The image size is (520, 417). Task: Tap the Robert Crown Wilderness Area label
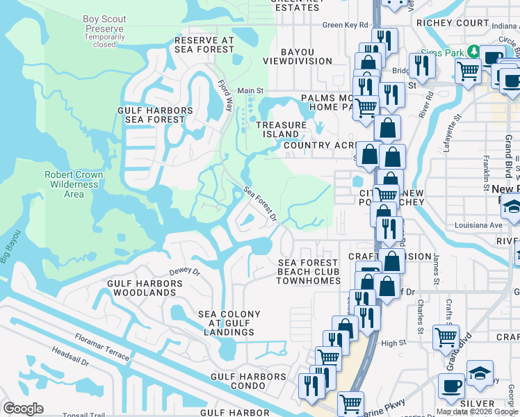[x=74, y=184]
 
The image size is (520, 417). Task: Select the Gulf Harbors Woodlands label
[x=145, y=288]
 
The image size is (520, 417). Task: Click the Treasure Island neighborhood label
[x=281, y=129]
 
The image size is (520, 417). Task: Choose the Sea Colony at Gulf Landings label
[x=229, y=323]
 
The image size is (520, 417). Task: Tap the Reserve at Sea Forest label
[x=205, y=44]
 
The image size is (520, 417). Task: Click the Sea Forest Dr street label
[x=260, y=204]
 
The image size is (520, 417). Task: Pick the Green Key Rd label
[x=345, y=26]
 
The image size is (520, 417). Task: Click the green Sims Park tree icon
[x=473, y=51]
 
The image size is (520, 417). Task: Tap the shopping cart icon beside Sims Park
[x=468, y=70]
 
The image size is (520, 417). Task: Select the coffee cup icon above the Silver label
[x=451, y=386]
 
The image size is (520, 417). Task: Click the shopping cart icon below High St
[x=445, y=338]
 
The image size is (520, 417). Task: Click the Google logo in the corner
[x=23, y=409]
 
